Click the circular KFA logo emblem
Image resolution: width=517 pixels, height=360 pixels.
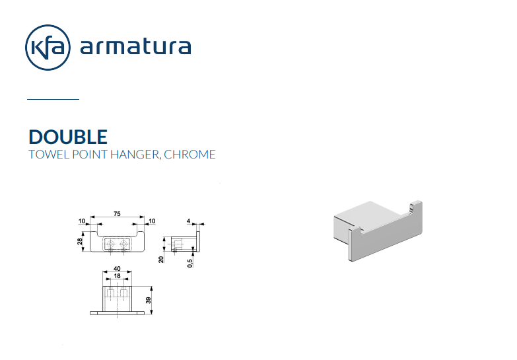(48, 47)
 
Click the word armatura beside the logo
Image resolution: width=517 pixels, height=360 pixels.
(135, 46)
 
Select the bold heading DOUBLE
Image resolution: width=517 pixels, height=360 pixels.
(68, 137)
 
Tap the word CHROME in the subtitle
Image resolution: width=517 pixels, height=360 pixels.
(190, 155)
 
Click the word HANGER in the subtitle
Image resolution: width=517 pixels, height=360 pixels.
(135, 155)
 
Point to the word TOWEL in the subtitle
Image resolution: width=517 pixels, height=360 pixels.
(49, 155)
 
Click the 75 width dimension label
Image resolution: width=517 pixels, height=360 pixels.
(117, 214)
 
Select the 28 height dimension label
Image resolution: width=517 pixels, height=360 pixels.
(80, 241)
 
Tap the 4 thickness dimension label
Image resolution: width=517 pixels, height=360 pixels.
(189, 221)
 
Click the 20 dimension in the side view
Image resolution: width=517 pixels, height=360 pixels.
(161, 260)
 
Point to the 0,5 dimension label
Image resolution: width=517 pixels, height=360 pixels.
(190, 263)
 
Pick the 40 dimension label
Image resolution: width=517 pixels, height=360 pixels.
(117, 269)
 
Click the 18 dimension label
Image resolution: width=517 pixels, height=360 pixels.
(117, 276)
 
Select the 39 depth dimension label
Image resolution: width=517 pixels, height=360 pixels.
(149, 301)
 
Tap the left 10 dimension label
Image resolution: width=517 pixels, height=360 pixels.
(82, 221)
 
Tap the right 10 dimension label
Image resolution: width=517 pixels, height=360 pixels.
(152, 221)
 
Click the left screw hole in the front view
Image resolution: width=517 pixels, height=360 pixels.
(110, 244)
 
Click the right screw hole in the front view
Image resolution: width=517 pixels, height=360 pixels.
(123, 244)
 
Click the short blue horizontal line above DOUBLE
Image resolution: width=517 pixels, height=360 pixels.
(53, 98)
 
